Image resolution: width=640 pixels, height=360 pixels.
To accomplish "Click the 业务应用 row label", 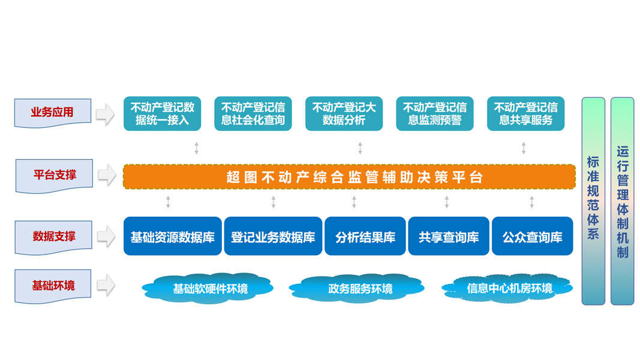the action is [53, 113].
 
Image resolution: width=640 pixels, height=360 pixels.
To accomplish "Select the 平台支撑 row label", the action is [55, 176].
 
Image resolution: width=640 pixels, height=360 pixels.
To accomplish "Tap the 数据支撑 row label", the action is [53, 237].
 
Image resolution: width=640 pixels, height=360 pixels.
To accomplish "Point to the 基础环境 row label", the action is [53, 286].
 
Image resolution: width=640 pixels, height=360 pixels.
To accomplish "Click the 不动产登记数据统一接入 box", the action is [162, 114].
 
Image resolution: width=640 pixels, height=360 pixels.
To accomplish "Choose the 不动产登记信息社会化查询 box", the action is [253, 114].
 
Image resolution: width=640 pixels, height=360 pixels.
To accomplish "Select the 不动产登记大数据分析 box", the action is [344, 114].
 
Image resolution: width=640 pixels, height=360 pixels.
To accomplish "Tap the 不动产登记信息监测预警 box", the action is [435, 114].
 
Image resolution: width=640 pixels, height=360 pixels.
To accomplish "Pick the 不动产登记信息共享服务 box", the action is [525, 114].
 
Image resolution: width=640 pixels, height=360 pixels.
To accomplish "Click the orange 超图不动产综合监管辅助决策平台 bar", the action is [349, 177].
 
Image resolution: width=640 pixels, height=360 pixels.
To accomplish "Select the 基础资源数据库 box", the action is [173, 236].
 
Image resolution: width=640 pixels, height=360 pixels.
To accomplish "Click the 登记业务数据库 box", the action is [273, 236].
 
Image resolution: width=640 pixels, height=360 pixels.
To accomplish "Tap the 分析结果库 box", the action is [365, 236].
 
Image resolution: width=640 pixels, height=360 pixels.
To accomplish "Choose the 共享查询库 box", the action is [449, 236].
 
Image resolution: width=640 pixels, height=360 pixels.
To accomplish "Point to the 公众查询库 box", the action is [532, 236].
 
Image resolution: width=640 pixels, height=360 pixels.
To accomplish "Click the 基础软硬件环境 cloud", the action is [208, 289].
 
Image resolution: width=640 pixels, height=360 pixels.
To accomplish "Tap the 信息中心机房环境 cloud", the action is [508, 289].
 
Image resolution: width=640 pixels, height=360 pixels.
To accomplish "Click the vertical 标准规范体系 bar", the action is [593, 201].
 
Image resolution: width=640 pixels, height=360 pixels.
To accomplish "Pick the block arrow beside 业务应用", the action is [106, 114].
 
